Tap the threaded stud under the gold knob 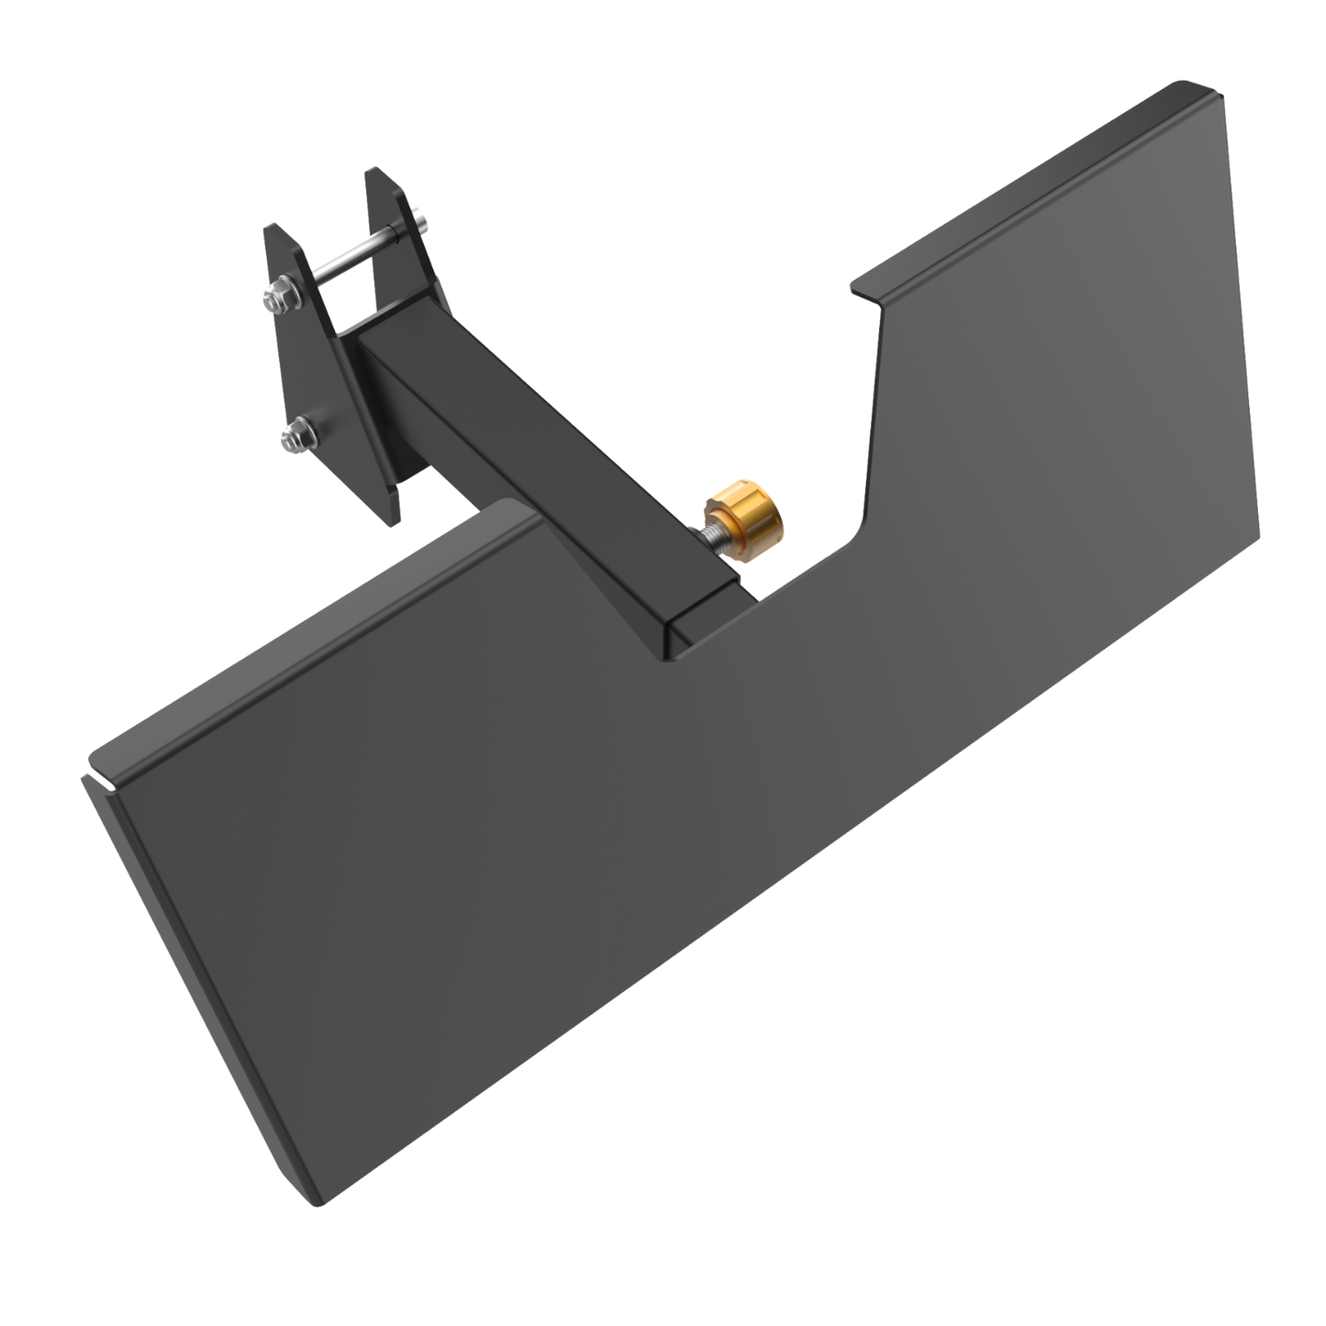click(712, 540)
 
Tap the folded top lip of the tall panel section click(1037, 184)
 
